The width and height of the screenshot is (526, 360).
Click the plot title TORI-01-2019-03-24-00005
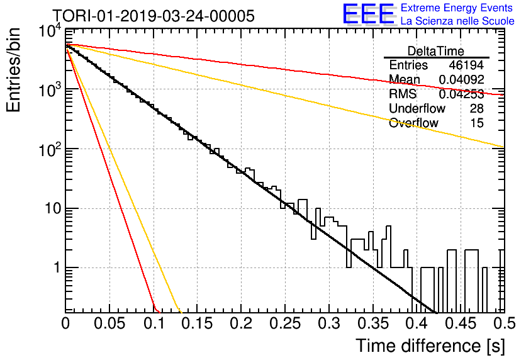point(154,16)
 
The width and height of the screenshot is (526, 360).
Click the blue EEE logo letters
point(368,14)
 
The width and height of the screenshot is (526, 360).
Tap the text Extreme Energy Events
point(457,8)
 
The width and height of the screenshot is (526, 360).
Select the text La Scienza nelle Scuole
point(457,21)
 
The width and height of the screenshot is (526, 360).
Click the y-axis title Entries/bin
point(13,70)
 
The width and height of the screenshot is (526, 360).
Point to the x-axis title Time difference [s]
point(430,346)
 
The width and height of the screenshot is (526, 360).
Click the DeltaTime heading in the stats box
point(436,51)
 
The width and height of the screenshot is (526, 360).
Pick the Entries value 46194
point(467,65)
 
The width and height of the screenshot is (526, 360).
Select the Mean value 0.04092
point(462,79)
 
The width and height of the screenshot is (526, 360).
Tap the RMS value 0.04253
point(462,94)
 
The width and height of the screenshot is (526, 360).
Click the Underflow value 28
point(477,108)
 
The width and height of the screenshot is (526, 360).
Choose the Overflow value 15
point(477,123)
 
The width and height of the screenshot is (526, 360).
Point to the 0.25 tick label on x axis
point(285,323)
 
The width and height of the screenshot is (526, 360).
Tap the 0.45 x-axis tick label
point(461,323)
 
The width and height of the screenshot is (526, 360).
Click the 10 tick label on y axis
point(53,209)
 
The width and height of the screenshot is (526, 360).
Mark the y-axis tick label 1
point(57,268)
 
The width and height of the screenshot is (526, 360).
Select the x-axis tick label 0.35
point(373,323)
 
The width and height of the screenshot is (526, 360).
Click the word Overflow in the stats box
point(413,123)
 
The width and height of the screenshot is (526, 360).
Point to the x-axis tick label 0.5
point(505,323)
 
